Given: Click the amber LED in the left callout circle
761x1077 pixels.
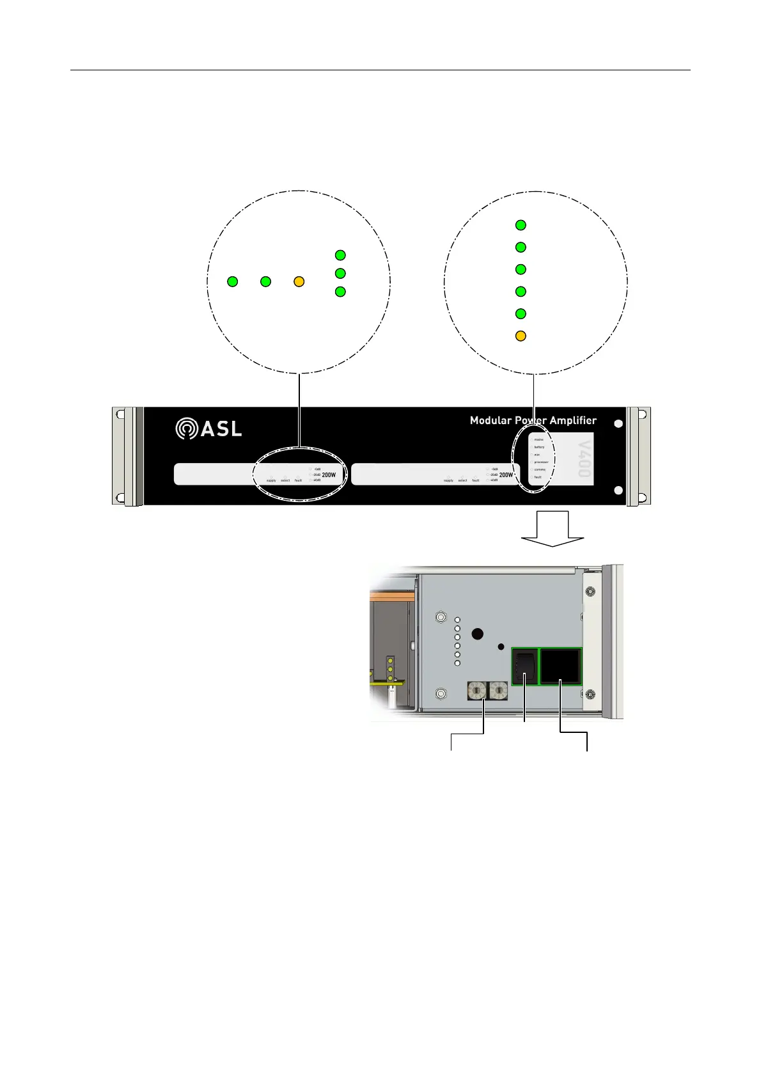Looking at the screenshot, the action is [299, 281].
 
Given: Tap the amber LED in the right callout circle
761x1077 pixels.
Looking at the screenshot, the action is [521, 336].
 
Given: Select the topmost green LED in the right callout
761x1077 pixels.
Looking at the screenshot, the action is [521, 225].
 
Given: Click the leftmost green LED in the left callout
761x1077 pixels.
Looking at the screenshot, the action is [233, 281].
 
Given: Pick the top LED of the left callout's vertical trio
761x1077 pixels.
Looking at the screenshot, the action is [340, 255].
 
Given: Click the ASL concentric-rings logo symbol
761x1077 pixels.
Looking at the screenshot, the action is [185, 428].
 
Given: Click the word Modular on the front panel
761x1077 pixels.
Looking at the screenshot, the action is [491, 420].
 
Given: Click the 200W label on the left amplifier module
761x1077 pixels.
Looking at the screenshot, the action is [329, 475].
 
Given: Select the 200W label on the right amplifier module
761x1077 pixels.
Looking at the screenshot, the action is [506, 475].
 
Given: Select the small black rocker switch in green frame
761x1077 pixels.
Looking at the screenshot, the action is [524, 666].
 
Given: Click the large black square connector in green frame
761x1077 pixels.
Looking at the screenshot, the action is [561, 666].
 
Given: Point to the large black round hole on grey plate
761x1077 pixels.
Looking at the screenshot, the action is [477, 634].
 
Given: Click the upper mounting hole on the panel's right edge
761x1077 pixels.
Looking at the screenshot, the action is [618, 424].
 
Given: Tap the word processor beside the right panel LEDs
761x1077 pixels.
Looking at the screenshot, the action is [541, 462].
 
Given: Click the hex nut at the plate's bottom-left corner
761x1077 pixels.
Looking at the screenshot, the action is [441, 694].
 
